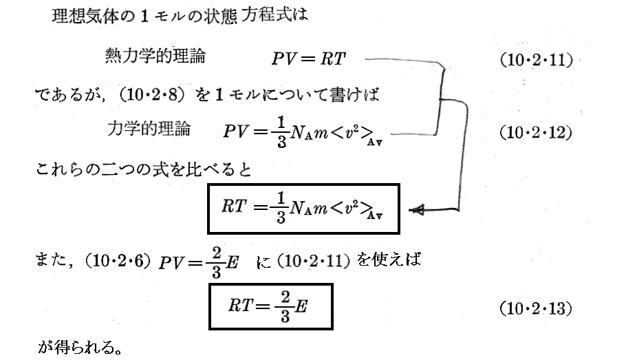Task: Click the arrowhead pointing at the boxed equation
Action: click(x=416, y=209)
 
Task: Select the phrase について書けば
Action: click(x=317, y=95)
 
